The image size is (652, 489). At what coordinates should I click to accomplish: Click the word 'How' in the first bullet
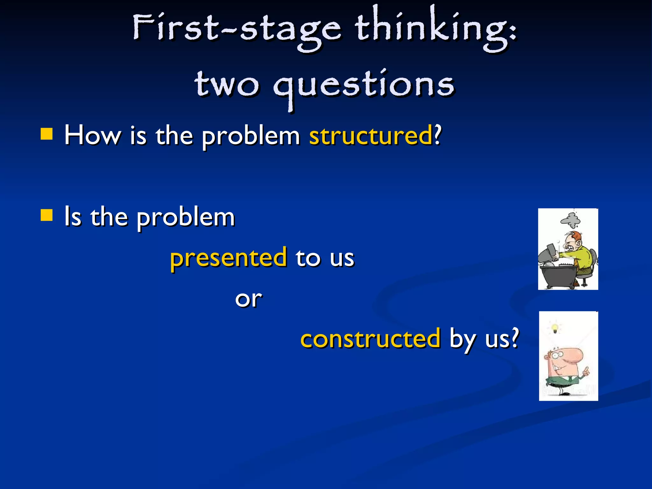(92, 135)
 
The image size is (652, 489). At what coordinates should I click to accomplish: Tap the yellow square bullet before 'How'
(46, 134)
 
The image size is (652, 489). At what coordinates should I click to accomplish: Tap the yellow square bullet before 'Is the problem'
(46, 215)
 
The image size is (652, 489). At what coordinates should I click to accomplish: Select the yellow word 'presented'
(228, 258)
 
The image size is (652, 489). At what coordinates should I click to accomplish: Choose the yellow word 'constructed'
(371, 339)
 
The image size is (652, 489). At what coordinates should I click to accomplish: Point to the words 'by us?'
(484, 339)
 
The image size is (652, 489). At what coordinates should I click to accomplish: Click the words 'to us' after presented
(325, 258)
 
